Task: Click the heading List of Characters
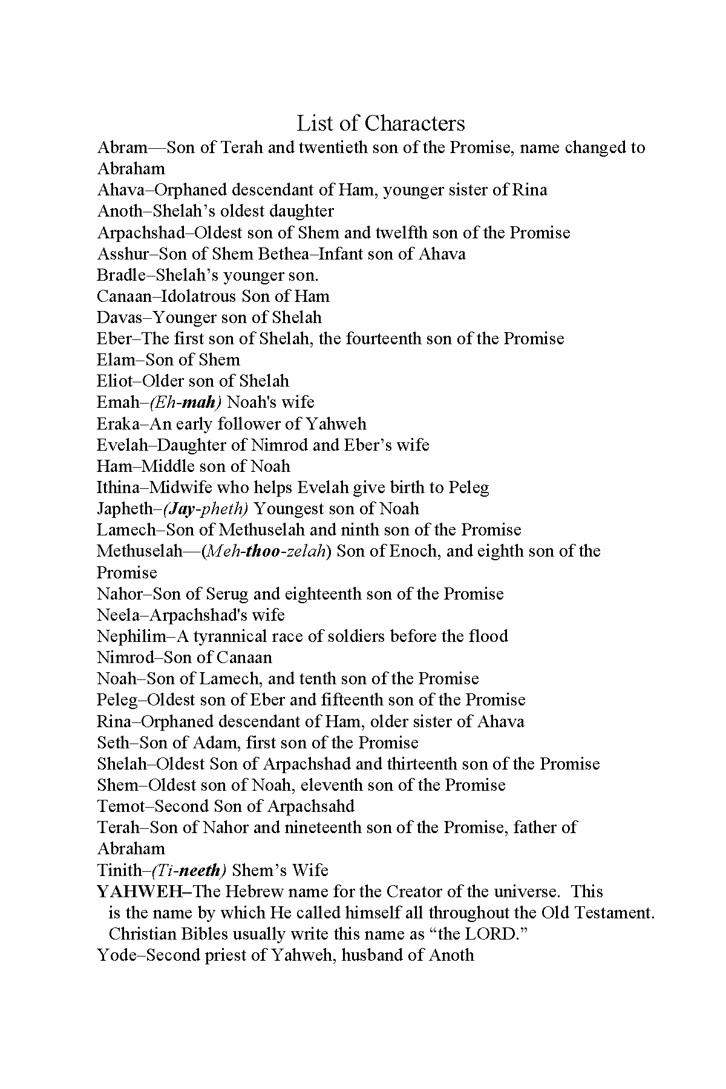pyautogui.click(x=381, y=123)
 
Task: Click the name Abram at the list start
pyautogui.click(x=123, y=148)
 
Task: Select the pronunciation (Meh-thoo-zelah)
pyautogui.click(x=267, y=551)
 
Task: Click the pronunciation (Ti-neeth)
pyautogui.click(x=188, y=870)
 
